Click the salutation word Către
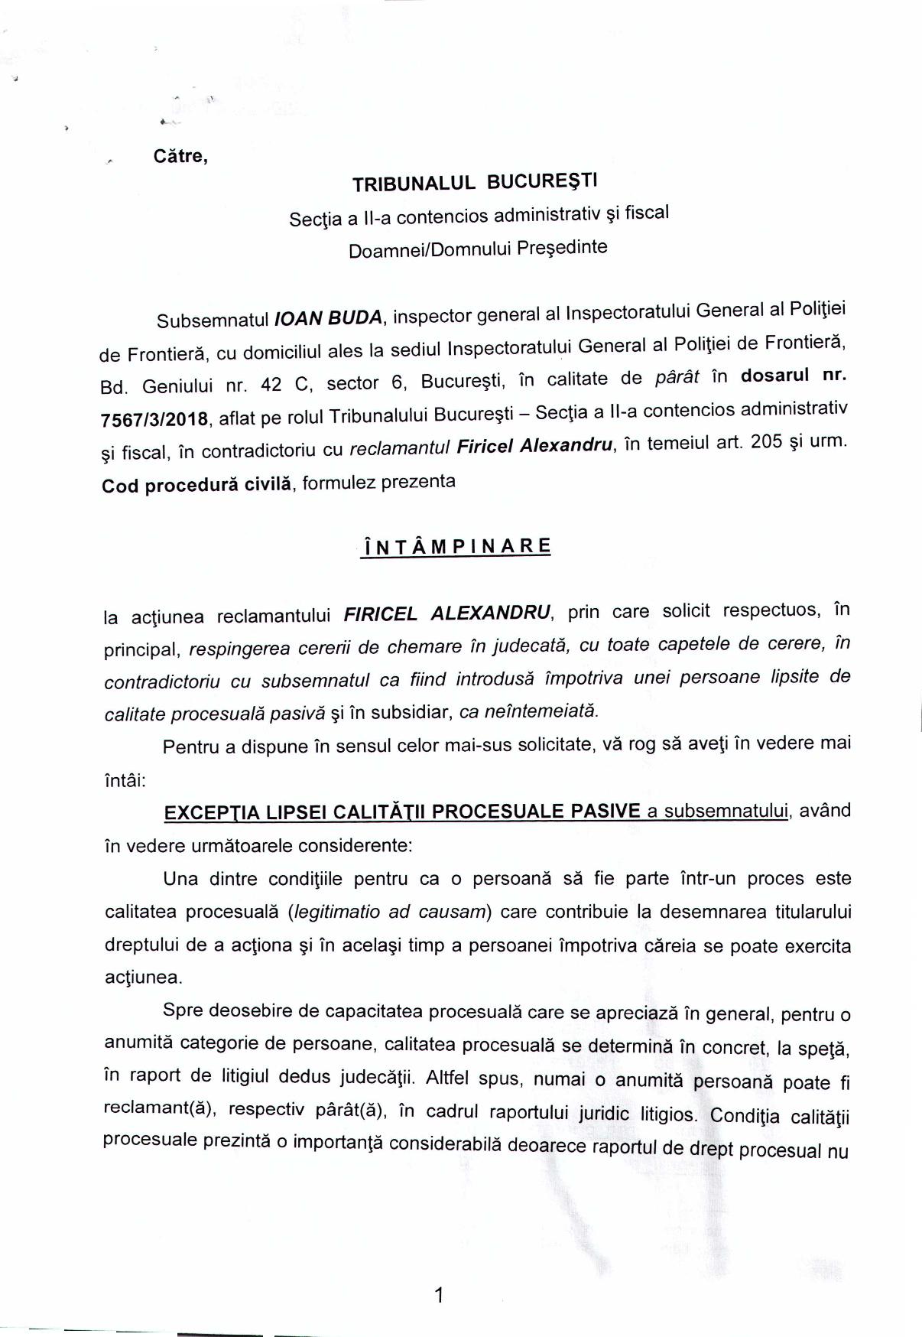point(180,157)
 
